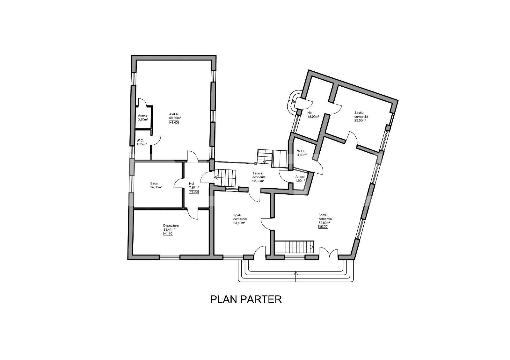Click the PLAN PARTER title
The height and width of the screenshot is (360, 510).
pos(246,299)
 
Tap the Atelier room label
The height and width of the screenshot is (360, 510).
pos(173,114)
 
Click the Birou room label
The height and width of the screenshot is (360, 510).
pos(154,184)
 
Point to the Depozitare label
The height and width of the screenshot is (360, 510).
pos(171,226)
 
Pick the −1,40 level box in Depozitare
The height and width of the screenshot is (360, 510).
pos(168,234)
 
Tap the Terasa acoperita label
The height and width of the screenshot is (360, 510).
pos(257,177)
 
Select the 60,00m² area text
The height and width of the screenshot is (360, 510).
pos(324,223)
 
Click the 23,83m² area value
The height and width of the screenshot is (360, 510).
pos(239,223)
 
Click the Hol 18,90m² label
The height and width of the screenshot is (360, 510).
pos(311,115)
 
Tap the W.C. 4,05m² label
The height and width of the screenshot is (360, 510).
pos(141,142)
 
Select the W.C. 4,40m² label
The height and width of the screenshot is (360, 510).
pos(302,153)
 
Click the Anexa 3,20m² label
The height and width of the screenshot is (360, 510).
pos(143,118)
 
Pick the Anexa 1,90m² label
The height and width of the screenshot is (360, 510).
pos(300,179)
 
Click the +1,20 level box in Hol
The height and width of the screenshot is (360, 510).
pos(194,192)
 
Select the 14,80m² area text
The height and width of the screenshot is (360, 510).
pos(156,187)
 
